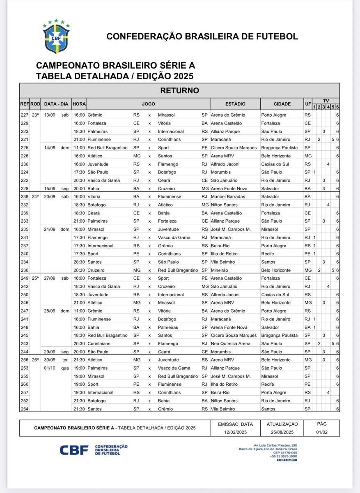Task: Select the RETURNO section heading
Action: (x=179, y=90)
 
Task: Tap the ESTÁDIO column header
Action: (x=235, y=104)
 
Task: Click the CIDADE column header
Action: (x=282, y=104)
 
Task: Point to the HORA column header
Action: (x=79, y=104)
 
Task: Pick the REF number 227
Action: (x=24, y=115)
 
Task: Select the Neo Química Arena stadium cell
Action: (x=230, y=343)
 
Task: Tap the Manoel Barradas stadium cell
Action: (x=228, y=197)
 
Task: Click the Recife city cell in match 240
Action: (x=268, y=254)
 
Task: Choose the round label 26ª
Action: (x=35, y=360)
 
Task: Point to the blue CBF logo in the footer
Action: (x=74, y=450)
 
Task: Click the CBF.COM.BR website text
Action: (x=287, y=460)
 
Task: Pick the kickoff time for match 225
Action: (x=79, y=147)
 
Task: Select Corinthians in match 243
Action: (x=98, y=343)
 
